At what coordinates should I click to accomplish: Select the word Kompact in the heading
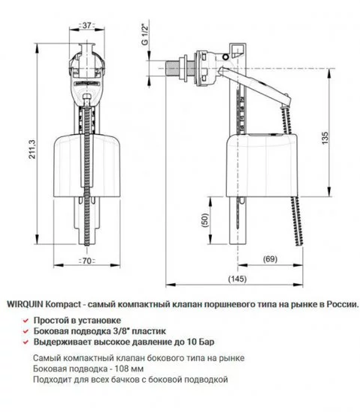pos(64,305)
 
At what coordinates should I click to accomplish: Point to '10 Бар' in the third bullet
pos(174,341)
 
